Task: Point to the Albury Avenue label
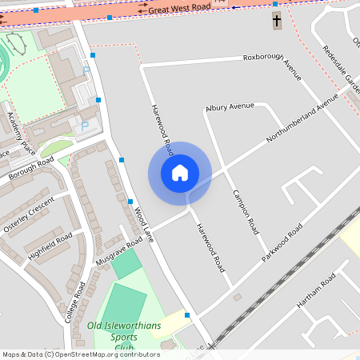pos(229,106)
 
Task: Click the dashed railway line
pos(264,288)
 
